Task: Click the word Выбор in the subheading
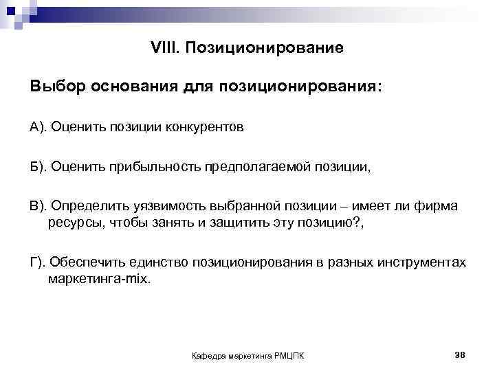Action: [54, 88]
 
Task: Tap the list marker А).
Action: [38, 127]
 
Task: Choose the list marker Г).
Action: [38, 262]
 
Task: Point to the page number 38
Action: [460, 355]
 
